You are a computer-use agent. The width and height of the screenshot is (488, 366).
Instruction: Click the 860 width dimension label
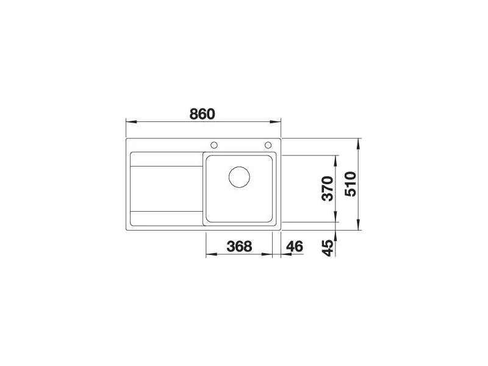203,114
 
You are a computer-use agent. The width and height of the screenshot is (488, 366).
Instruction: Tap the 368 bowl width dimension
239,246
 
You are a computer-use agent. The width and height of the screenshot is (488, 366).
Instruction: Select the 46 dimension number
294,246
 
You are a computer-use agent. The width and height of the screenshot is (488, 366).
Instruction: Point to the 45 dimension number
328,248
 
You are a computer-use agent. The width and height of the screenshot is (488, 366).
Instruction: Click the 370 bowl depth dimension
328,188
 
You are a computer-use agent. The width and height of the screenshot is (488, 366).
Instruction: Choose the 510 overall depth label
350,184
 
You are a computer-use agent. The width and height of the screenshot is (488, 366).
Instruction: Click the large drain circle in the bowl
239,177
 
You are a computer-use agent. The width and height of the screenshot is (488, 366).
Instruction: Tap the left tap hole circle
214,145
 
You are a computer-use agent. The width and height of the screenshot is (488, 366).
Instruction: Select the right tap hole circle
268,145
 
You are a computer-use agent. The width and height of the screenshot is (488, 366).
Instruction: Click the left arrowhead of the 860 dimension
131,122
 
